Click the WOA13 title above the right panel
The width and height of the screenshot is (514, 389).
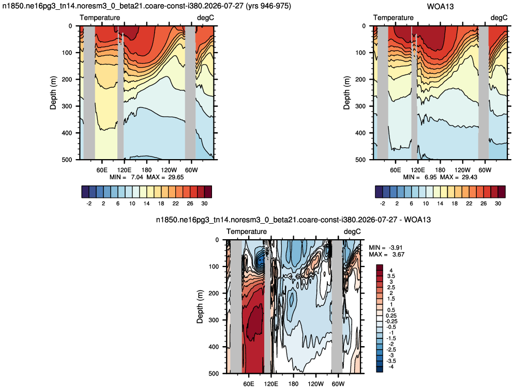440,6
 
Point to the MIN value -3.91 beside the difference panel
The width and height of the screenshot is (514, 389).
396,247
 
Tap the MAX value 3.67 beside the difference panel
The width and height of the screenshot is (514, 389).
398,254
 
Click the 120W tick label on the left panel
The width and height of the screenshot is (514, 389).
169,170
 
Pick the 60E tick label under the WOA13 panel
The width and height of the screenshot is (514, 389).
396,170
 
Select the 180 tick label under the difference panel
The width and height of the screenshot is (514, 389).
293,384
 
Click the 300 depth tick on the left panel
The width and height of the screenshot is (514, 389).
67,106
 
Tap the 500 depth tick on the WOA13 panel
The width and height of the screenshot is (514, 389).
360,160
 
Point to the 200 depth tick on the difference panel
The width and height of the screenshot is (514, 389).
214,293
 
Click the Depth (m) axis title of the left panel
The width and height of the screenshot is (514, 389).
53,92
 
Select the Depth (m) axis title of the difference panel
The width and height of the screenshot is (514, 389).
200,306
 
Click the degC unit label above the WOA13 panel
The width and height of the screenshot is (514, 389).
499,18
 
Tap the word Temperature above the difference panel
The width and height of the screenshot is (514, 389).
247,231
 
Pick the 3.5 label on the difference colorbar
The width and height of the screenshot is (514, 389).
391,276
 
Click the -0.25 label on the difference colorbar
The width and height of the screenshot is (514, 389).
391,321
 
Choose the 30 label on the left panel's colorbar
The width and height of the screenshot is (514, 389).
204,204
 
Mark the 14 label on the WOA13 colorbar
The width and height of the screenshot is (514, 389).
440,204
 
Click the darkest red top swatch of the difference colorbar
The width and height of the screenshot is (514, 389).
380,268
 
